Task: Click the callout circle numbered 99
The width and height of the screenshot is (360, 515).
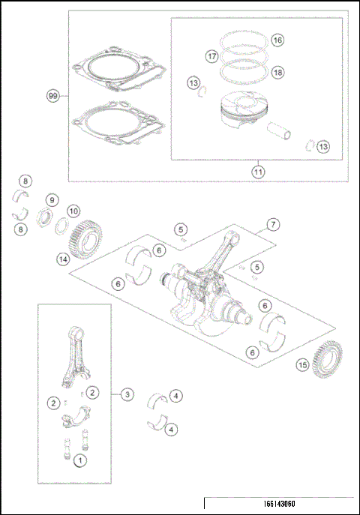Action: pos(52,97)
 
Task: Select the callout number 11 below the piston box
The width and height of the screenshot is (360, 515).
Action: pos(257,172)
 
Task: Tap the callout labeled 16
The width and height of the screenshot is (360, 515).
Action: pos(277,40)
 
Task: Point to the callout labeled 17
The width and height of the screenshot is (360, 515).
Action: pos(212,55)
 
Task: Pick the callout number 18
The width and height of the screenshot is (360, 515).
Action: pos(277,72)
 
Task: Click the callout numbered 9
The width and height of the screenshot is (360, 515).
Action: pos(52,200)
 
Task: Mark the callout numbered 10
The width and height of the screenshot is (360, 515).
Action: pos(74,212)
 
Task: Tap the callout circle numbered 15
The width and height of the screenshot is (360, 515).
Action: pos(302,365)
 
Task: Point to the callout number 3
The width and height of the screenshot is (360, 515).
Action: pos(128,393)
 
